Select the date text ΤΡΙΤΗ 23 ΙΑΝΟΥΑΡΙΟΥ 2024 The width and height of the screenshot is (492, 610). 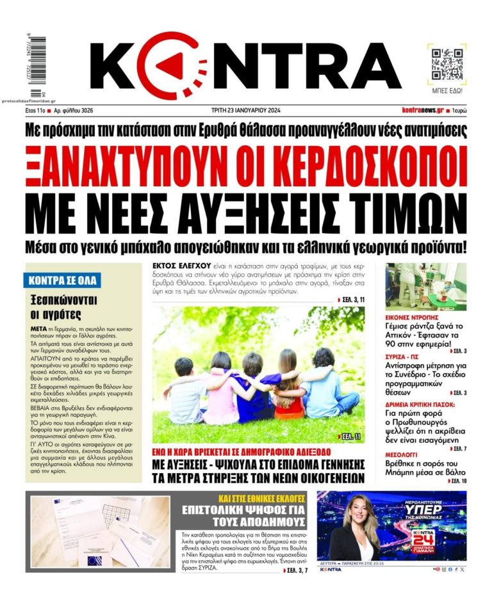pyautogui.click(x=245, y=110)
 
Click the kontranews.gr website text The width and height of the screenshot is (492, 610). pyautogui.click(x=422, y=110)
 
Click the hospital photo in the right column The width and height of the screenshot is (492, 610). pyautogui.click(x=426, y=286)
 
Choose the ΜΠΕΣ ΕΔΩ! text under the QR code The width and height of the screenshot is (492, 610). pyautogui.click(x=447, y=91)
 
